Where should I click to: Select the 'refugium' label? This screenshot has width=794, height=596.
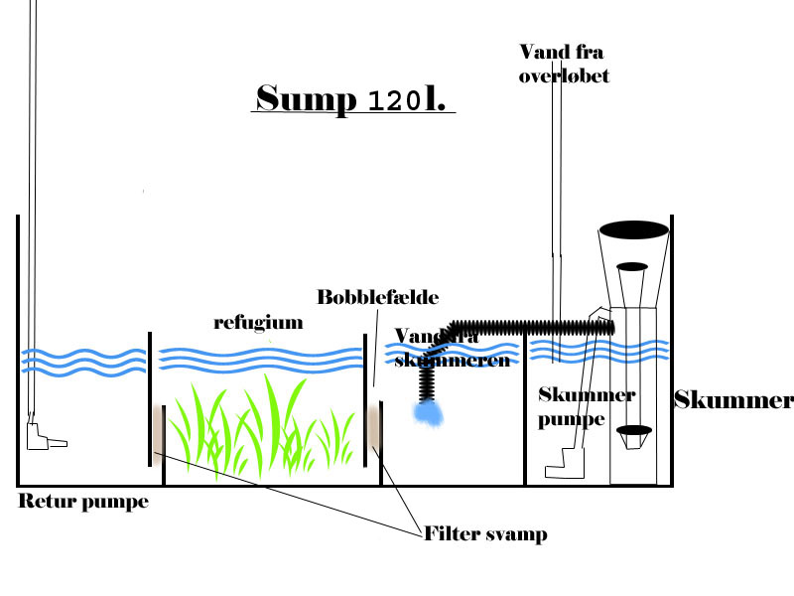257,323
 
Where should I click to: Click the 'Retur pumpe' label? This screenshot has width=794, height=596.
82,502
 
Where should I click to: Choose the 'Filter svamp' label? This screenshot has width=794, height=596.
484,533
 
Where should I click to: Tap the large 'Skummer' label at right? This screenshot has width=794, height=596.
733,400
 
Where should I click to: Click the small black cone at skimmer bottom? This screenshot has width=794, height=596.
634,432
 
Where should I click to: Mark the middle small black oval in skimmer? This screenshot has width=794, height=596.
632,266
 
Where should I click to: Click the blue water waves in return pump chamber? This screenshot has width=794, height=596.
82,360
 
